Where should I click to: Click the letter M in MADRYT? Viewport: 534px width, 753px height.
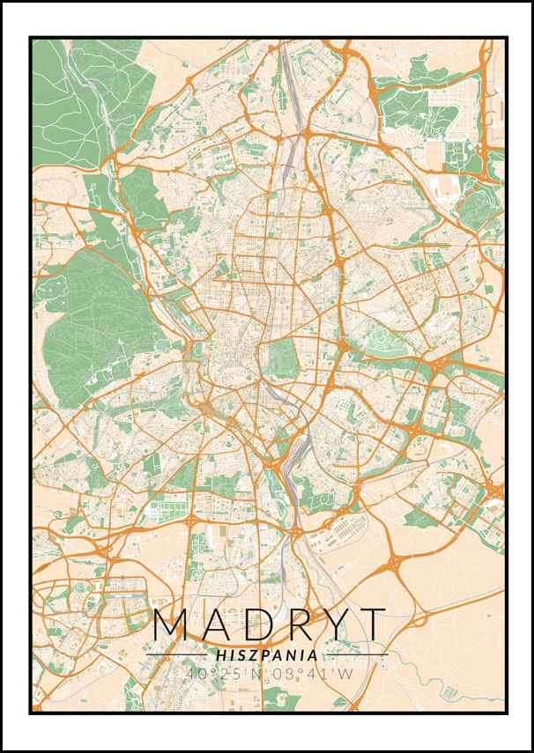point(174,624)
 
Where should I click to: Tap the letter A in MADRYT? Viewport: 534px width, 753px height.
point(219,624)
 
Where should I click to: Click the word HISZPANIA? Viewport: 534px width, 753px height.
point(267,655)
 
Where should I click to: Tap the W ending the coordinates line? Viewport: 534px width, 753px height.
point(344,674)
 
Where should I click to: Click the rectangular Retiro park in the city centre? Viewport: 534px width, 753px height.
point(284,357)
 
